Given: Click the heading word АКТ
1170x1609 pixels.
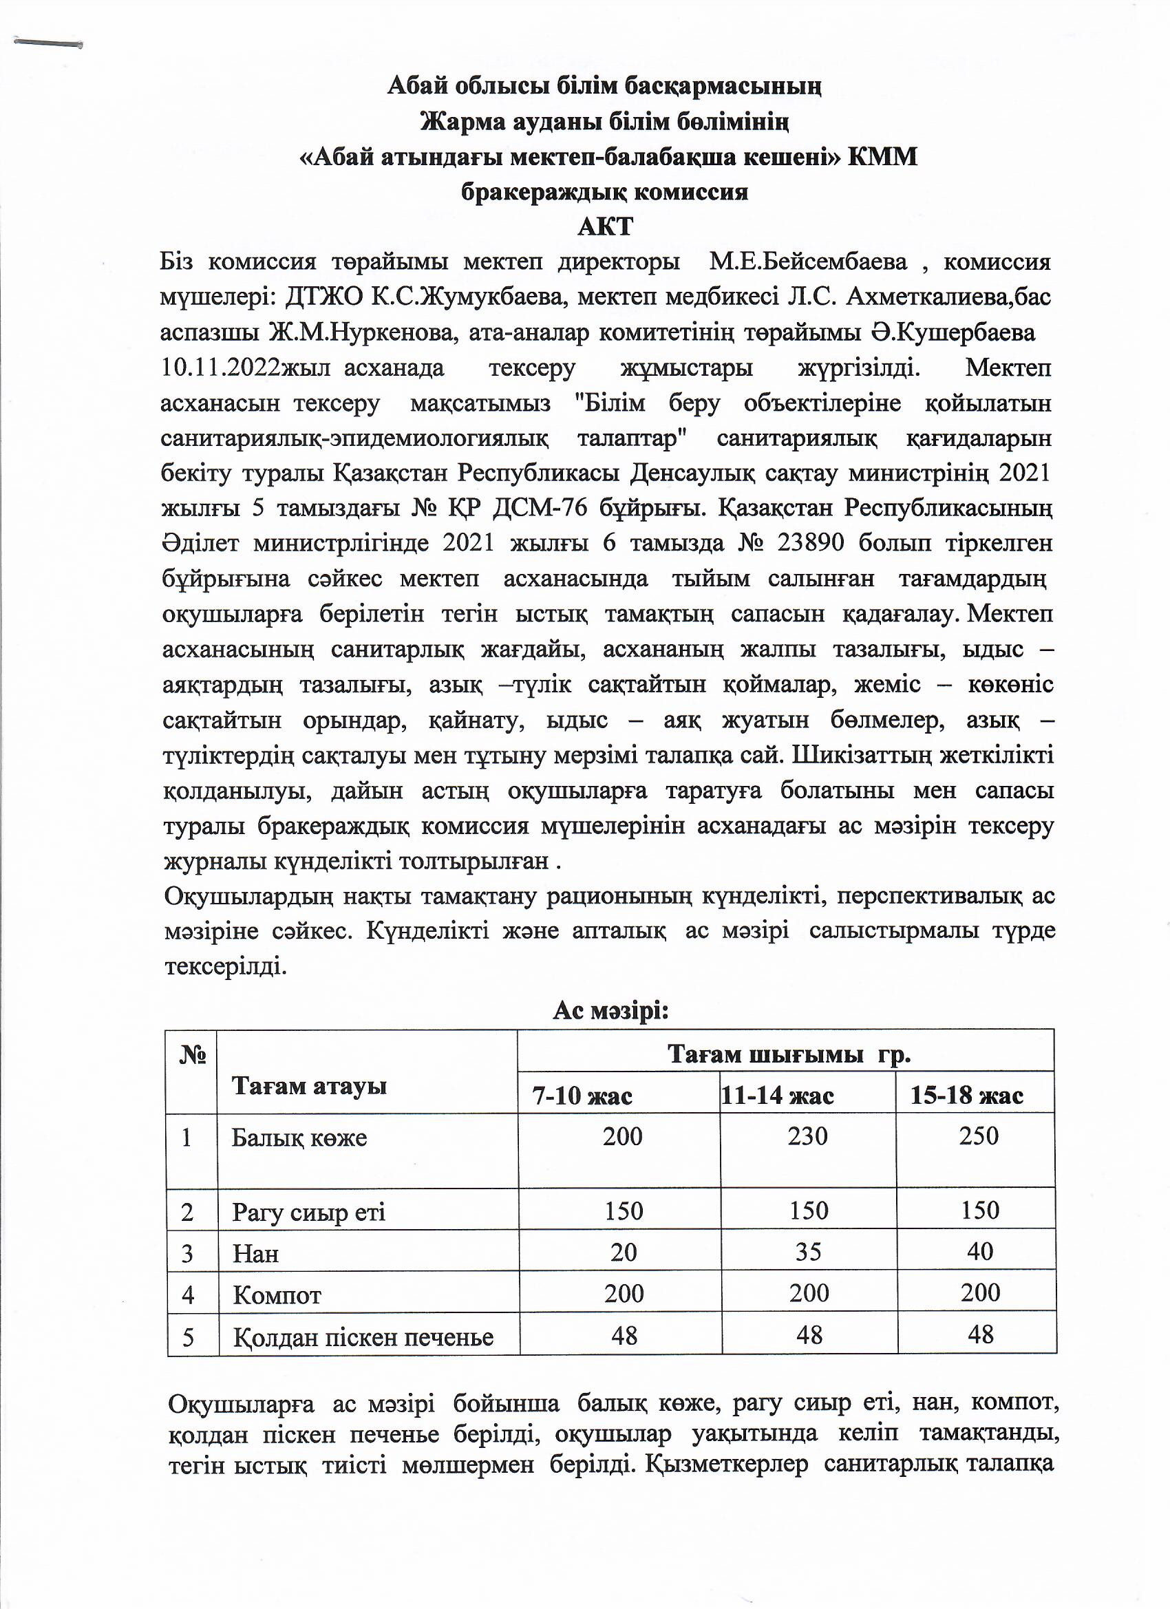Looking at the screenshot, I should click(604, 227).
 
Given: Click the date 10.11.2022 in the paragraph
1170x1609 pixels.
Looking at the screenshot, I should click(221, 369).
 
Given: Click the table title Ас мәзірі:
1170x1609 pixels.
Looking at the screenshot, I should click(611, 1010).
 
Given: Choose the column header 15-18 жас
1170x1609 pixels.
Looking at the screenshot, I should click(966, 1096).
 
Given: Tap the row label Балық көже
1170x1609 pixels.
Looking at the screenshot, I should click(299, 1139).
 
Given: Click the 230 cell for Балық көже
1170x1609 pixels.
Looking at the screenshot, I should click(807, 1136).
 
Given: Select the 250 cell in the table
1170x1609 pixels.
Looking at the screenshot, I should click(979, 1136).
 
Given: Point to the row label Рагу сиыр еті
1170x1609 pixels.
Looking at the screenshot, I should click(308, 1213).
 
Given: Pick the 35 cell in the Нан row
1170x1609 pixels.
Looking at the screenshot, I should click(807, 1252).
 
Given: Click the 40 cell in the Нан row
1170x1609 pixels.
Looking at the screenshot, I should click(979, 1251).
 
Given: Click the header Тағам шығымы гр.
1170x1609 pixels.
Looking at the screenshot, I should click(788, 1055).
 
